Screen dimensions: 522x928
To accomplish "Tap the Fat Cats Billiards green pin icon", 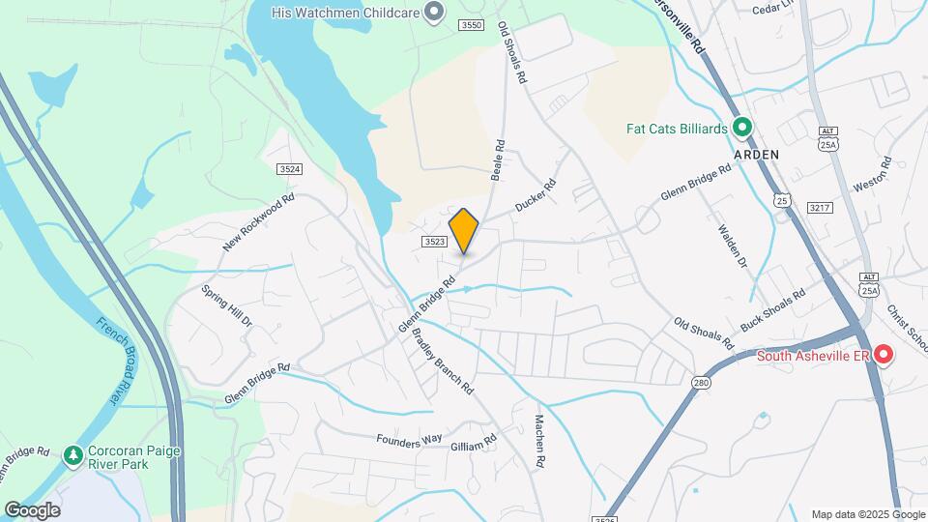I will (x=742, y=127).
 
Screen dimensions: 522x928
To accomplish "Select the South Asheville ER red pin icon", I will (x=884, y=356).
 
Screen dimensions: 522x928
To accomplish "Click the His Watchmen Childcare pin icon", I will (x=435, y=12).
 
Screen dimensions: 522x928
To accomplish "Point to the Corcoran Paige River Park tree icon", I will (x=72, y=454).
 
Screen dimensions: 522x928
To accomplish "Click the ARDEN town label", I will (x=756, y=154).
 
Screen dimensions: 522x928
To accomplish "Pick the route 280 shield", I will (x=700, y=384).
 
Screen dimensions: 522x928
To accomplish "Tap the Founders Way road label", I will (x=411, y=441).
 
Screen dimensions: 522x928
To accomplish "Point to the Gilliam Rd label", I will (x=474, y=443).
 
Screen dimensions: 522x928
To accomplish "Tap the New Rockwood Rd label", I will (x=257, y=223).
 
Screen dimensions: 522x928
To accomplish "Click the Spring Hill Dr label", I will (x=227, y=305).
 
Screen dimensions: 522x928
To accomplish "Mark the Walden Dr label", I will (x=733, y=246).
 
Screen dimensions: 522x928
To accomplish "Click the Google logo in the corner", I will (x=32, y=509).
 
